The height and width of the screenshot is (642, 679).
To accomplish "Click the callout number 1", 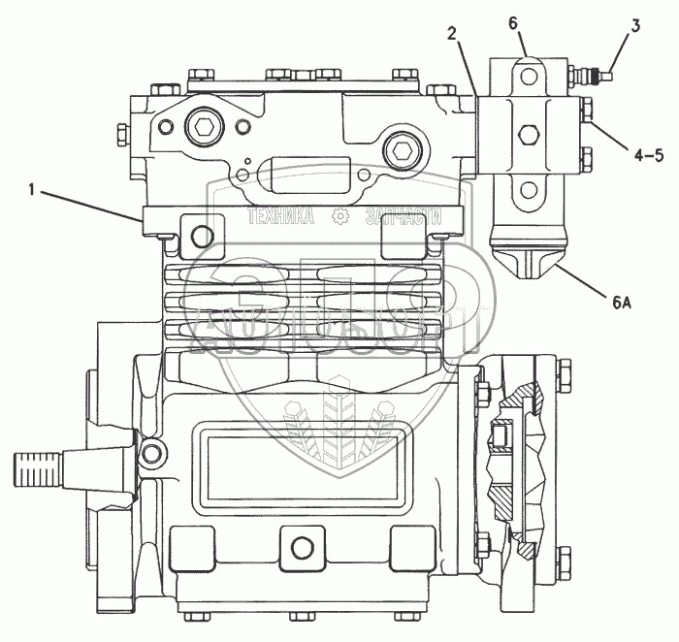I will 32,191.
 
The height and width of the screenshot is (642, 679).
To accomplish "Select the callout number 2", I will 452,33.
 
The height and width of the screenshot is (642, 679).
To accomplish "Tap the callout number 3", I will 634,26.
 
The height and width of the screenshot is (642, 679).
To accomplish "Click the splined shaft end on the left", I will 38,469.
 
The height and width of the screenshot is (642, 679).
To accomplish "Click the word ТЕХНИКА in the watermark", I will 281,217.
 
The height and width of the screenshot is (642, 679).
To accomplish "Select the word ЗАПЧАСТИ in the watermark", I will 397,217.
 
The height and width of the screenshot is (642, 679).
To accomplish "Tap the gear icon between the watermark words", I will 339,217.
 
